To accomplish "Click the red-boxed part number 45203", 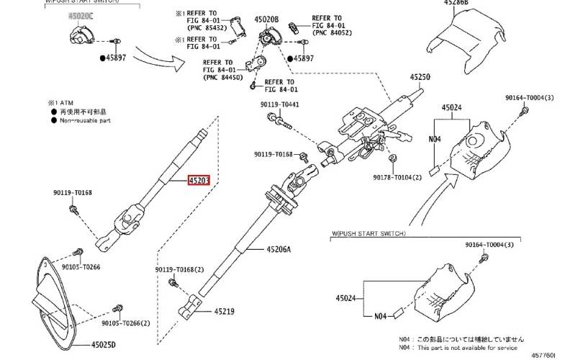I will tap(198, 181).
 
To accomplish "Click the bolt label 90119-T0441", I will tap(280, 105).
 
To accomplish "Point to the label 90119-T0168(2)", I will tap(179, 270).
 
